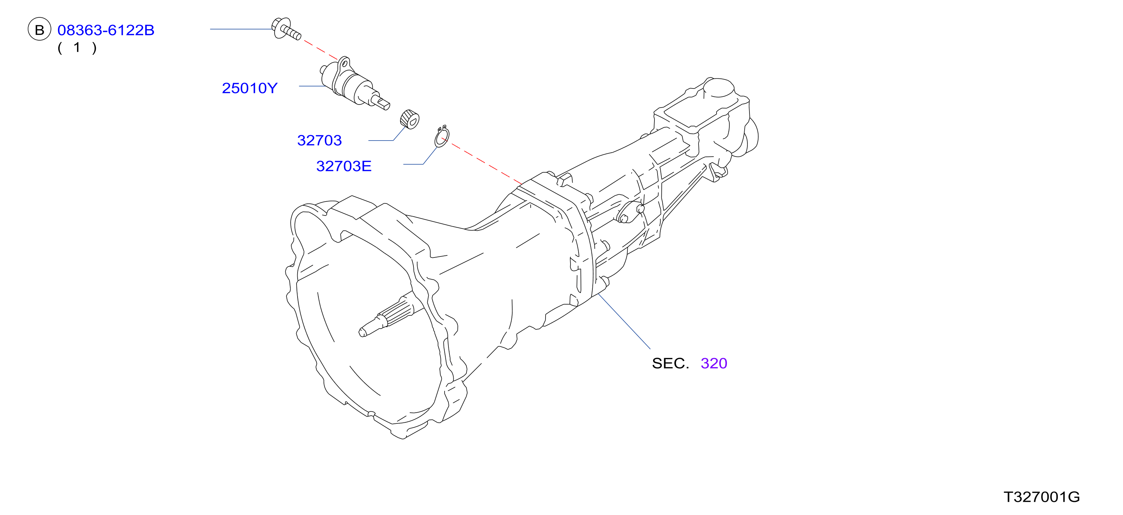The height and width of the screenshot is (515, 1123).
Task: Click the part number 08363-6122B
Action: tap(106, 30)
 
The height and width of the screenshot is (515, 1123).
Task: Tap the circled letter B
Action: tap(40, 29)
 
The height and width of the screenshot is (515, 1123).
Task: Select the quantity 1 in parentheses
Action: tap(77, 47)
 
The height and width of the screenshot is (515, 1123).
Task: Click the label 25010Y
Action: tap(249, 88)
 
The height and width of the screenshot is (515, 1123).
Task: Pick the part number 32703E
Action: tap(344, 166)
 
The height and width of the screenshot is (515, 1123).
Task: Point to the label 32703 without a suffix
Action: tap(319, 141)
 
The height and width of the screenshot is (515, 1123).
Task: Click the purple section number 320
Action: tap(714, 363)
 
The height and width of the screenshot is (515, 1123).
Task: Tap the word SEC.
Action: tap(670, 363)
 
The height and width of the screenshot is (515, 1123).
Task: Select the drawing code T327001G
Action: tap(1041, 497)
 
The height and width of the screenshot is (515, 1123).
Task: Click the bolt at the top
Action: tap(286, 29)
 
